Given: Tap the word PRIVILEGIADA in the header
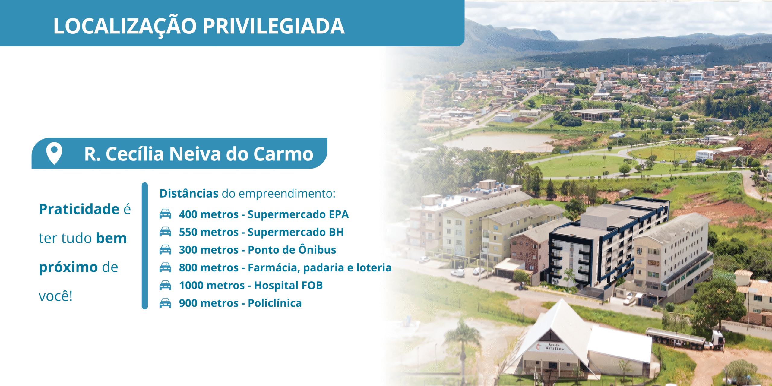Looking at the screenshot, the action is [x=274, y=26].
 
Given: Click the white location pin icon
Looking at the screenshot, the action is [x=54, y=153].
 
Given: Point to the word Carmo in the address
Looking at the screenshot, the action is [x=283, y=154].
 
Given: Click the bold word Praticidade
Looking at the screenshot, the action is [x=79, y=209].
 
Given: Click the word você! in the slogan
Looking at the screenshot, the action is [x=56, y=296].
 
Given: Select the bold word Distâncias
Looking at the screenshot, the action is [x=189, y=193].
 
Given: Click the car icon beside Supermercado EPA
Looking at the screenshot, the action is [x=165, y=214].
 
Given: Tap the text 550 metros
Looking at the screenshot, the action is [x=209, y=232].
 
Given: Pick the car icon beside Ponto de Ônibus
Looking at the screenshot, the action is [x=165, y=249].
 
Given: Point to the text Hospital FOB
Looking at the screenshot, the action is [x=289, y=285].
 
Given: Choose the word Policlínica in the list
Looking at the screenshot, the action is [x=275, y=303].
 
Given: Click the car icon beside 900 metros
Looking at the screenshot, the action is [x=165, y=303].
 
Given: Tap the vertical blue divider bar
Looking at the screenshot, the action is [x=145, y=246].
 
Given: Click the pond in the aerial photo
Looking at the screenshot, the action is [x=498, y=142].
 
